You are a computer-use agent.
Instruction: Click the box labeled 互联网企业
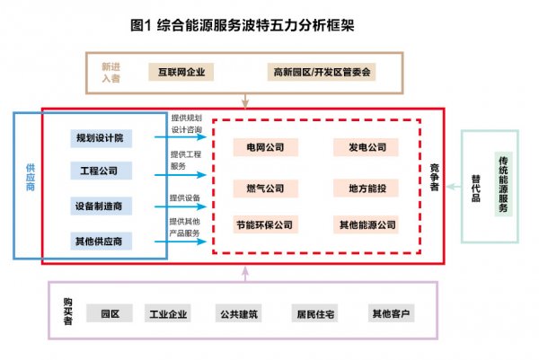pos(181,72)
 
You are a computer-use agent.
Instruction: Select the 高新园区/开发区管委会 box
pos(322,72)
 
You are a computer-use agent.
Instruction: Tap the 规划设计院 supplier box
pos(101,138)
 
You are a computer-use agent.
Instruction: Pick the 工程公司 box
pos(101,171)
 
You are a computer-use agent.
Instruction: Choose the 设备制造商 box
pos(101,206)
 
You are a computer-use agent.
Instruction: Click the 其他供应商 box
pos(101,241)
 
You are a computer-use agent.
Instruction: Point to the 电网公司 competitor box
pos(265,147)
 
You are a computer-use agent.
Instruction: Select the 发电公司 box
pos(366,147)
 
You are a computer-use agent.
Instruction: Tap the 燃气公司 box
pos(265,189)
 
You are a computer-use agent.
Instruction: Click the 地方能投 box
pos(366,189)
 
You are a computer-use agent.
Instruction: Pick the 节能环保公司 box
pos(265,224)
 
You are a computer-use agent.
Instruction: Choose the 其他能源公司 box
pos(366,224)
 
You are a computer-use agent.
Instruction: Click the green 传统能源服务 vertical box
pos(503,184)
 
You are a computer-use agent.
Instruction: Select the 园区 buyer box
pos(110,313)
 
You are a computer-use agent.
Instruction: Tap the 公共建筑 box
pos(239,313)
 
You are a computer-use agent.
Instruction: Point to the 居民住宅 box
pos(315,313)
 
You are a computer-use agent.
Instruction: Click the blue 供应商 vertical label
pos(31,177)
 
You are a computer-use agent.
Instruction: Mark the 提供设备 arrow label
pos(185,198)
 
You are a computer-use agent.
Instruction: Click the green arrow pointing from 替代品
pos(454,187)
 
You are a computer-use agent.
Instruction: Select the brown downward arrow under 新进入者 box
pos(245,101)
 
